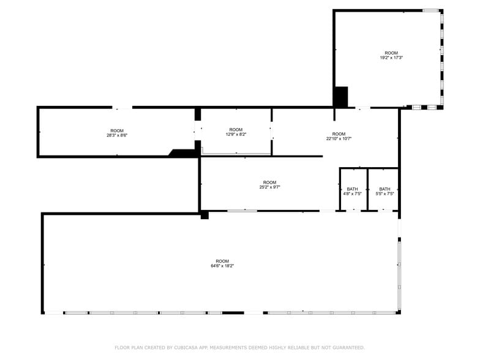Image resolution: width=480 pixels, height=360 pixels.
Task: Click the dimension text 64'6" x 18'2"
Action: point(222,266)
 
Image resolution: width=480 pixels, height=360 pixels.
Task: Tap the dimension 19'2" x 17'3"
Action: point(391,58)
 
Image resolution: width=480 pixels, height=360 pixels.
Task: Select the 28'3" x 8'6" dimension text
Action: point(117,135)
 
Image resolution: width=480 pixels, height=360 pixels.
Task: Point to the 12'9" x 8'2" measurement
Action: point(236,134)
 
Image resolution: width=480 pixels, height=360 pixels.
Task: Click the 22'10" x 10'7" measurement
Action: point(339,138)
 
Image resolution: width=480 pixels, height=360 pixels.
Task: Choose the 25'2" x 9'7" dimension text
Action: point(269,187)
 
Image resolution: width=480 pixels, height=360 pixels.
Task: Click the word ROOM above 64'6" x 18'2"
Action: point(222,261)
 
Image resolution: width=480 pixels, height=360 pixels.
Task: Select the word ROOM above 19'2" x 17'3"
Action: point(391,53)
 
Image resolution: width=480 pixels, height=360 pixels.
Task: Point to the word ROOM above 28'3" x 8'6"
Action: point(117,131)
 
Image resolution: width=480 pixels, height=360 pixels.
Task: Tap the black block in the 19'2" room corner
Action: point(342,97)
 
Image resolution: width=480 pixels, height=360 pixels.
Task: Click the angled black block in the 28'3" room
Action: point(182,153)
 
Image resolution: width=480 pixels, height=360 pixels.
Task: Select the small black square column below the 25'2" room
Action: point(204,215)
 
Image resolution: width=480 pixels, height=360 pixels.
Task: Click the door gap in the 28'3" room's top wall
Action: point(122,108)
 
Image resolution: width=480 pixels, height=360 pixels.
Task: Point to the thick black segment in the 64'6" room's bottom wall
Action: point(233,313)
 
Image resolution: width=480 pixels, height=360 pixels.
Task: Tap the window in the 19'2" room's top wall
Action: point(431,11)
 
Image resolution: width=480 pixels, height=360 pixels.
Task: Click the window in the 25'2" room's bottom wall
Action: point(242,211)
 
